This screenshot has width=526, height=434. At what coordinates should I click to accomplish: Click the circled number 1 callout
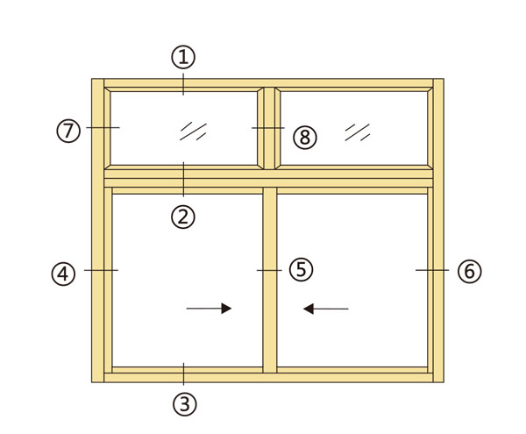coord(183,57)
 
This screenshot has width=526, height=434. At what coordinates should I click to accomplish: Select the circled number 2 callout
coord(183,217)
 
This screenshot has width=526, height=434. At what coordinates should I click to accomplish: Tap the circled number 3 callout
coord(184,404)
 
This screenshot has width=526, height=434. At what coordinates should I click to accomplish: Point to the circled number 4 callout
coord(63,274)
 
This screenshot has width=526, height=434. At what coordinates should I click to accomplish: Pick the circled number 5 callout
coord(301,270)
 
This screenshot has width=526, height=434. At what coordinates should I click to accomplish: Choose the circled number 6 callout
coord(469,271)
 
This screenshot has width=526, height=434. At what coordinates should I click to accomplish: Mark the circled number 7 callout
coord(68,131)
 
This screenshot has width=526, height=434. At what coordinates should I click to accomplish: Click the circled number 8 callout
coord(304,138)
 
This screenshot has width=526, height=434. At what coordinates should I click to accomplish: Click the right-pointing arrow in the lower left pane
coord(209,309)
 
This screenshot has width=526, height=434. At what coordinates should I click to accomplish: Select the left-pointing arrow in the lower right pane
coord(326,309)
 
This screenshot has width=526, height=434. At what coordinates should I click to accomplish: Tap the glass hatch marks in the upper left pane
coord(193,132)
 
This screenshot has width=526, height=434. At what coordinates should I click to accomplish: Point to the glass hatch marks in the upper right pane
coord(358,132)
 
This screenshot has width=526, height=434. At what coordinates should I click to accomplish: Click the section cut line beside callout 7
coord(103,127)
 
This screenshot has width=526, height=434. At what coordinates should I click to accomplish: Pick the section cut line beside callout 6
coord(432,270)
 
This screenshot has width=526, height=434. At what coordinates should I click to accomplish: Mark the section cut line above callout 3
coord(183,374)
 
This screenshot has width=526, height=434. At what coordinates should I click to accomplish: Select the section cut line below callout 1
coord(183,84)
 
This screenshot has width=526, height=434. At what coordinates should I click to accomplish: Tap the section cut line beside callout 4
coord(101,270)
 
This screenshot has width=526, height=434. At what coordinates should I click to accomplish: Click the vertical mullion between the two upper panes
coord(269,129)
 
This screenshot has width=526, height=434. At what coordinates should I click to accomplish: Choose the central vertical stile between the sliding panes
coord(270,280)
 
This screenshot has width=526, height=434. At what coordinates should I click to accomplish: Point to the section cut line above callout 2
coord(183,179)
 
